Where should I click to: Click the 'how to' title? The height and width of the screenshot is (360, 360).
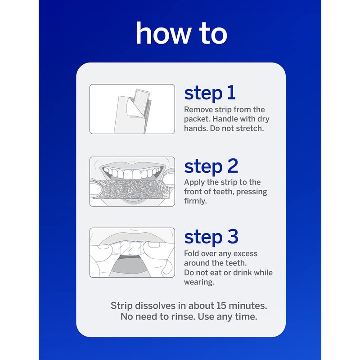point(181,33)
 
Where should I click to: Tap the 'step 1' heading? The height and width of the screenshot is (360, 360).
point(210,93)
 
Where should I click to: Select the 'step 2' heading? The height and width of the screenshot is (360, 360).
point(211,166)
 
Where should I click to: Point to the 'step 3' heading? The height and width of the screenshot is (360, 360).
point(211,237)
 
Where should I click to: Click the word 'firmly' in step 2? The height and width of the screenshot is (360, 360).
point(194,201)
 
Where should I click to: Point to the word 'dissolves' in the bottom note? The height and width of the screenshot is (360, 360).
point(156,306)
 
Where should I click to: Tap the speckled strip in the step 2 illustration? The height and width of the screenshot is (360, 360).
point(131,189)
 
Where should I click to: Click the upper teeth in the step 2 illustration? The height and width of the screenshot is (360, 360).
point(132,174)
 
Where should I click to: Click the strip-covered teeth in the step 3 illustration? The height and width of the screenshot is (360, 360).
point(130,249)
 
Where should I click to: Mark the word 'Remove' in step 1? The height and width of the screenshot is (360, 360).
point(198,109)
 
